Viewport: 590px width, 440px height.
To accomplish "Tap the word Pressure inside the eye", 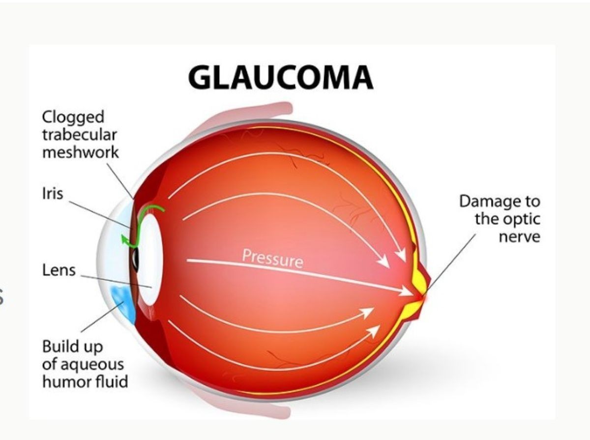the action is (272, 259).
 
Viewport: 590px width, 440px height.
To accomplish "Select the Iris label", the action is (53, 193).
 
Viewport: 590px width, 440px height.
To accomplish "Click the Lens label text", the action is (59, 270).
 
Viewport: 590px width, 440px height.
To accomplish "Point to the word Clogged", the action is (73, 117).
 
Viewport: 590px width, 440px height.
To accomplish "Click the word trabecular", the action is (80, 135).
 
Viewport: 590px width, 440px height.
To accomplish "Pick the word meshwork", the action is (80, 152).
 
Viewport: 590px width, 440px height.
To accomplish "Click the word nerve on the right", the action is (519, 237).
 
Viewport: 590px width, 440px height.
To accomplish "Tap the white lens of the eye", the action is (149, 260).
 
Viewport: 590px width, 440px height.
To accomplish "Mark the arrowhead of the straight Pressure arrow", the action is (407, 291).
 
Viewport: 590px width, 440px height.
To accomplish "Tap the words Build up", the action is (73, 347).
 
